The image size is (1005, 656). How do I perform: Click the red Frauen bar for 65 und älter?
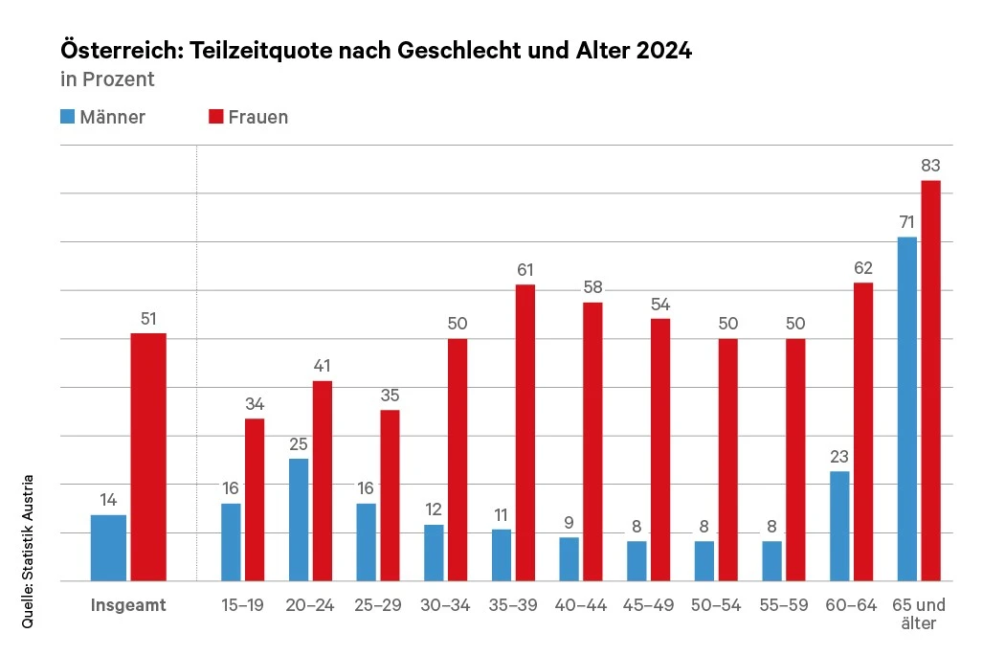coord(930,380)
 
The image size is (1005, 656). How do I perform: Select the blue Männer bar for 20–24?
coord(299,520)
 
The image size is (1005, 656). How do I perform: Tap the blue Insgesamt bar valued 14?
coord(108,548)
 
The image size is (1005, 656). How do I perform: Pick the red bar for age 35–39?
coord(525,433)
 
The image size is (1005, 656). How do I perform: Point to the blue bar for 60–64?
coord(839,526)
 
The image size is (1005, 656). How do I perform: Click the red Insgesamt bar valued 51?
coord(148,457)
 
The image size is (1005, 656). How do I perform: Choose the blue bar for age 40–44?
coord(569,559)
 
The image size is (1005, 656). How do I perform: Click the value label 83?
coord(930,165)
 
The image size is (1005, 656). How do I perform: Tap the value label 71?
coord(906,222)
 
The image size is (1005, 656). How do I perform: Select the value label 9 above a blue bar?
coord(569,523)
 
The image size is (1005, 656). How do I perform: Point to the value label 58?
coord(592,287)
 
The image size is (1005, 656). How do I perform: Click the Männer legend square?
coord(67,117)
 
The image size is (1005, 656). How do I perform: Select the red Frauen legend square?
coord(215,117)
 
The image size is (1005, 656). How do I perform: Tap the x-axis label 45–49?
coord(648,605)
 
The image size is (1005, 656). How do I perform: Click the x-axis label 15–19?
coord(243,605)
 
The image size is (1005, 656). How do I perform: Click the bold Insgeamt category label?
coord(128,605)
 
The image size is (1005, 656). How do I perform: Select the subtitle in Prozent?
coord(107,79)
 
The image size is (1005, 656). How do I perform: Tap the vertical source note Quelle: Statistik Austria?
coord(28,552)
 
